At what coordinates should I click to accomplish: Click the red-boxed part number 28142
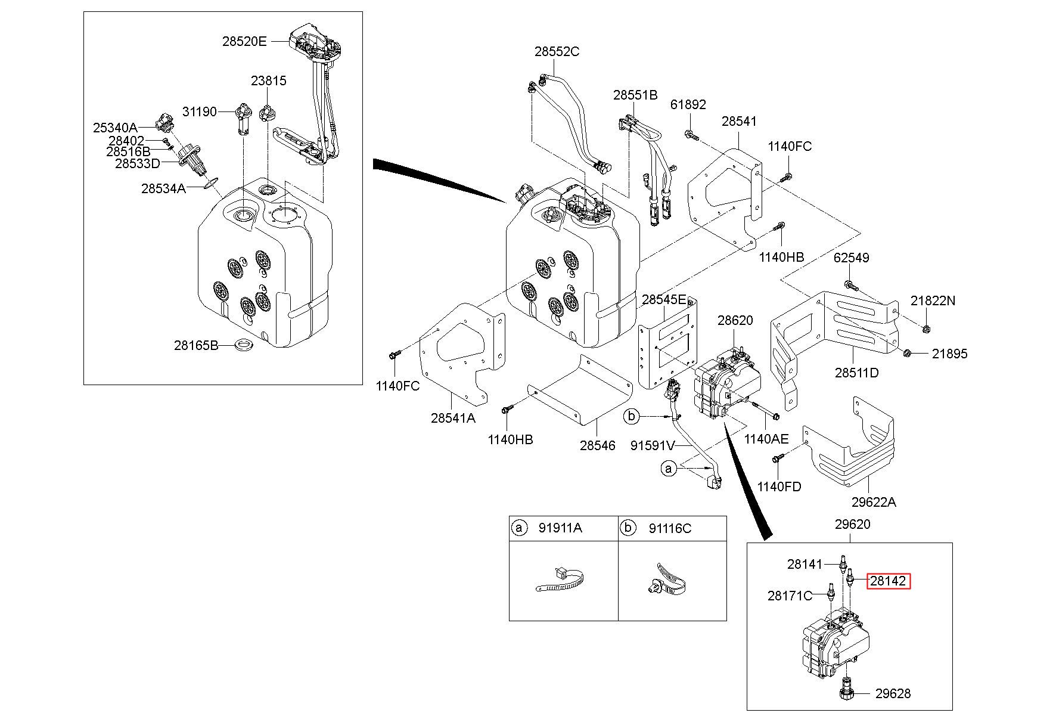(888, 581)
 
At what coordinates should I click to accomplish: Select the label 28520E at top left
(244, 41)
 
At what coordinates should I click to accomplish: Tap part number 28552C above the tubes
(557, 52)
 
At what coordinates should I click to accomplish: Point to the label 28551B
(635, 95)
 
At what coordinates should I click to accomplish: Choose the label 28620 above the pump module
(735, 320)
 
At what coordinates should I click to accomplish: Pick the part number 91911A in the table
(560, 528)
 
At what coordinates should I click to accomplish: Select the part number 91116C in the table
(670, 528)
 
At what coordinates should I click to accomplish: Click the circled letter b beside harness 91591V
(632, 416)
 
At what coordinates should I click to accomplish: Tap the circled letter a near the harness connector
(669, 469)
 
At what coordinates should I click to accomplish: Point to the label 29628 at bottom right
(893, 693)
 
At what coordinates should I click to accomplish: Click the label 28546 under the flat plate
(597, 445)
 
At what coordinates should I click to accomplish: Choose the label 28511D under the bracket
(856, 373)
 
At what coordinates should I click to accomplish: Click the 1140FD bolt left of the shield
(777, 458)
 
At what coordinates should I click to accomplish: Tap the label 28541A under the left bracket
(453, 418)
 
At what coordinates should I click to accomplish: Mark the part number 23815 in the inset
(268, 80)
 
